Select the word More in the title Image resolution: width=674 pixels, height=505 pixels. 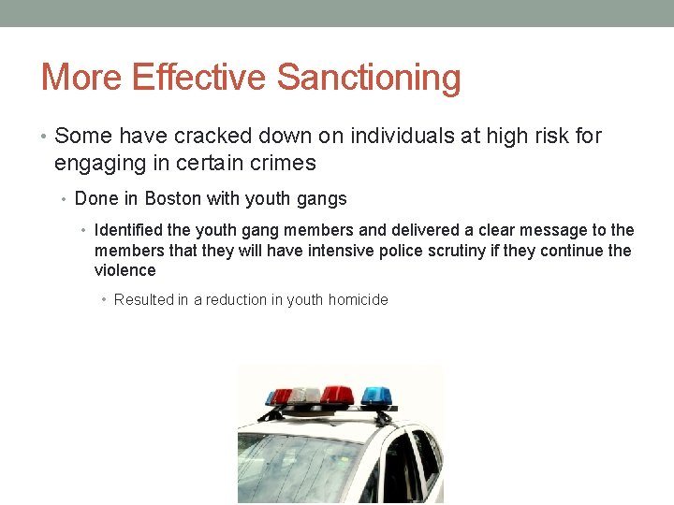click(x=81, y=78)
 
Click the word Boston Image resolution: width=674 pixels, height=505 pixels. click(x=175, y=198)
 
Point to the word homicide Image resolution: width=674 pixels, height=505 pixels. click(x=359, y=299)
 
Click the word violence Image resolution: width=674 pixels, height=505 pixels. click(x=125, y=270)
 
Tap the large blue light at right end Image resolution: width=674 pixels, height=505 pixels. click(x=375, y=395)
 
